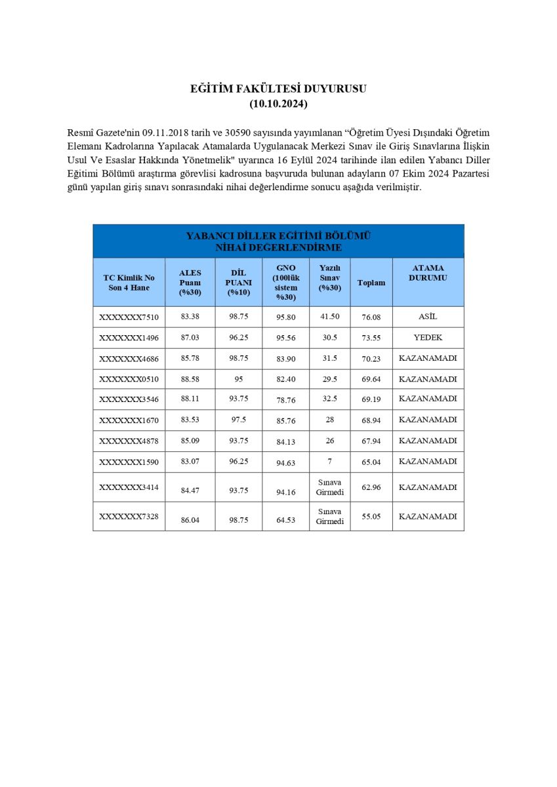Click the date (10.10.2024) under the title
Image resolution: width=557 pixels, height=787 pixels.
pyautogui.click(x=278, y=104)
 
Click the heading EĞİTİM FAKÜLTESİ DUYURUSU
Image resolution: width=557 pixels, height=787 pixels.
pyautogui.click(x=278, y=89)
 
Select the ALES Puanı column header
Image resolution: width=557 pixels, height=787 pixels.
pyautogui.click(x=190, y=282)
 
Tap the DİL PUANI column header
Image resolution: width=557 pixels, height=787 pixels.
pyautogui.click(x=238, y=282)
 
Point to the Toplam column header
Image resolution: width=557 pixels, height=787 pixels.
pyautogui.click(x=371, y=283)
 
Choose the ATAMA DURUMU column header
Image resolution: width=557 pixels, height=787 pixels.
pyautogui.click(x=428, y=273)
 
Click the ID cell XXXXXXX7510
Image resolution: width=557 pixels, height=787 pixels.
pyautogui.click(x=129, y=317)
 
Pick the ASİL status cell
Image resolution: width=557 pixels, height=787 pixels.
pyautogui.click(x=428, y=317)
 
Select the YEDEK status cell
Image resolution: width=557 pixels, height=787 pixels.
pyautogui.click(x=428, y=338)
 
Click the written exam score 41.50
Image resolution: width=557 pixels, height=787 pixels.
pyautogui.click(x=329, y=316)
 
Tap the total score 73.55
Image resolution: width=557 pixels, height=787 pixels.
pyautogui.click(x=371, y=338)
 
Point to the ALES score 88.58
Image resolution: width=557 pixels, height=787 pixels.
pyautogui.click(x=190, y=379)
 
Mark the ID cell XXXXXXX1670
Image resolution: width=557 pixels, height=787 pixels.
pyautogui.click(x=129, y=420)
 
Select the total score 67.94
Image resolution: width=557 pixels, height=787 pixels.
pyautogui.click(x=371, y=441)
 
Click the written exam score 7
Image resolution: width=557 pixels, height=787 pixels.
pyautogui.click(x=329, y=461)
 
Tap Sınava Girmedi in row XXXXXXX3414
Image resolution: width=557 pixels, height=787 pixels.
pyautogui.click(x=329, y=487)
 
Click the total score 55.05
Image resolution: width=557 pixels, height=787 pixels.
pyautogui.click(x=371, y=517)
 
